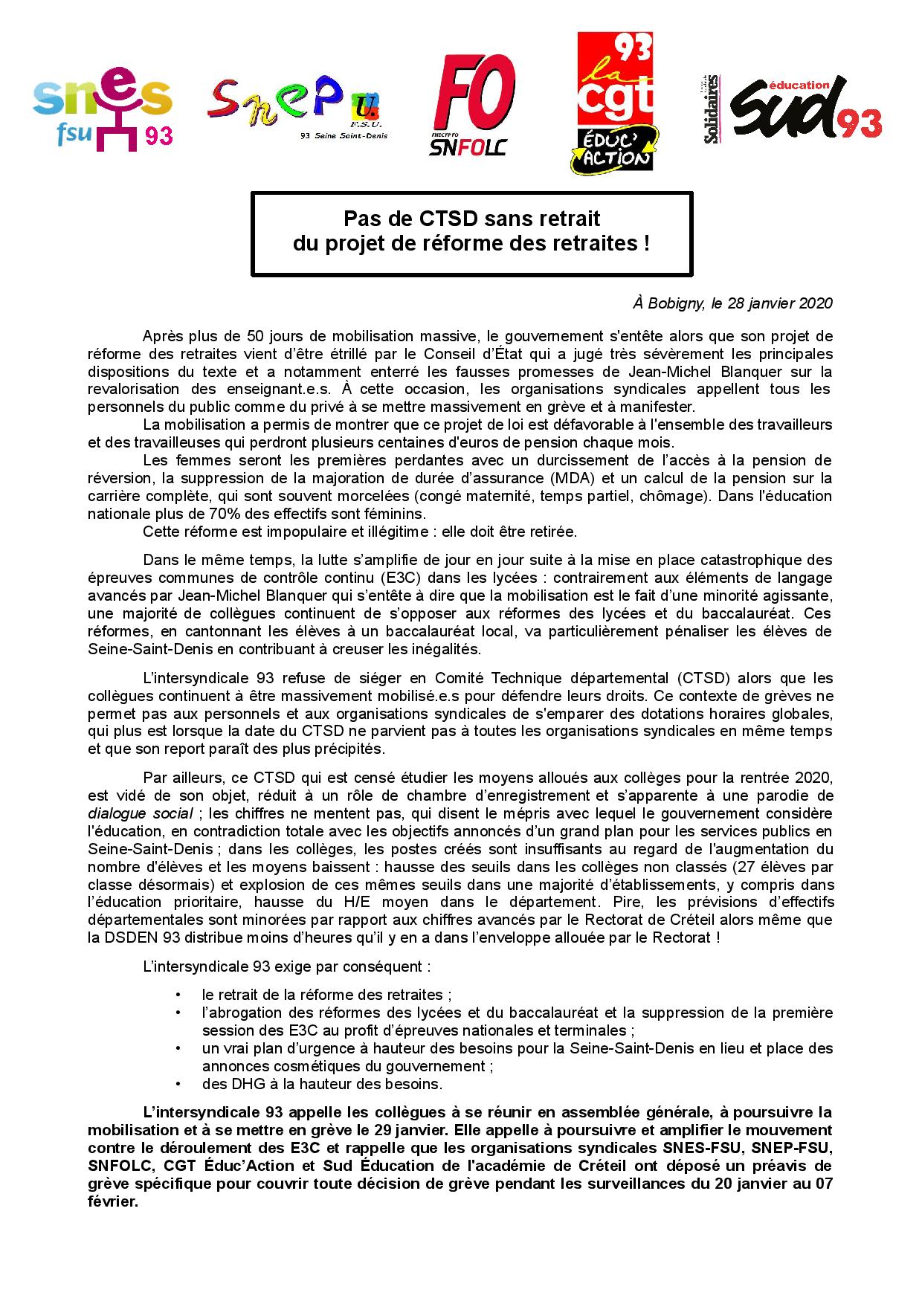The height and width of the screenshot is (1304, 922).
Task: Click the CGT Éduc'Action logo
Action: (x=615, y=103)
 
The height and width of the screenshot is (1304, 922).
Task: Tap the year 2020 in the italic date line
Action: (x=816, y=303)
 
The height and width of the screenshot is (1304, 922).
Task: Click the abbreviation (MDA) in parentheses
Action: (x=556, y=478)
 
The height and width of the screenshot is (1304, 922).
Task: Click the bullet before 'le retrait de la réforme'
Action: (x=178, y=995)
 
